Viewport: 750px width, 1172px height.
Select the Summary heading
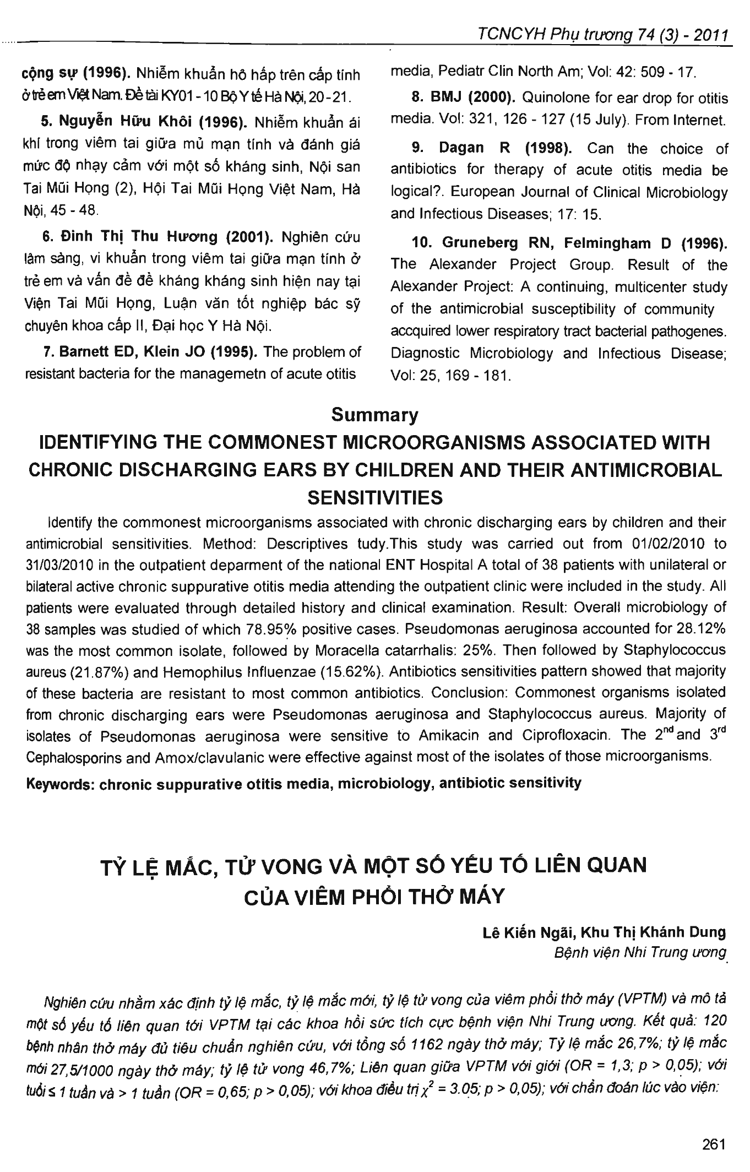(374, 415)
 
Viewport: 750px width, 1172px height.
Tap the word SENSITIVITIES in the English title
(374, 497)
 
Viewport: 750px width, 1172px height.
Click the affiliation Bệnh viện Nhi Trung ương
(640, 952)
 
